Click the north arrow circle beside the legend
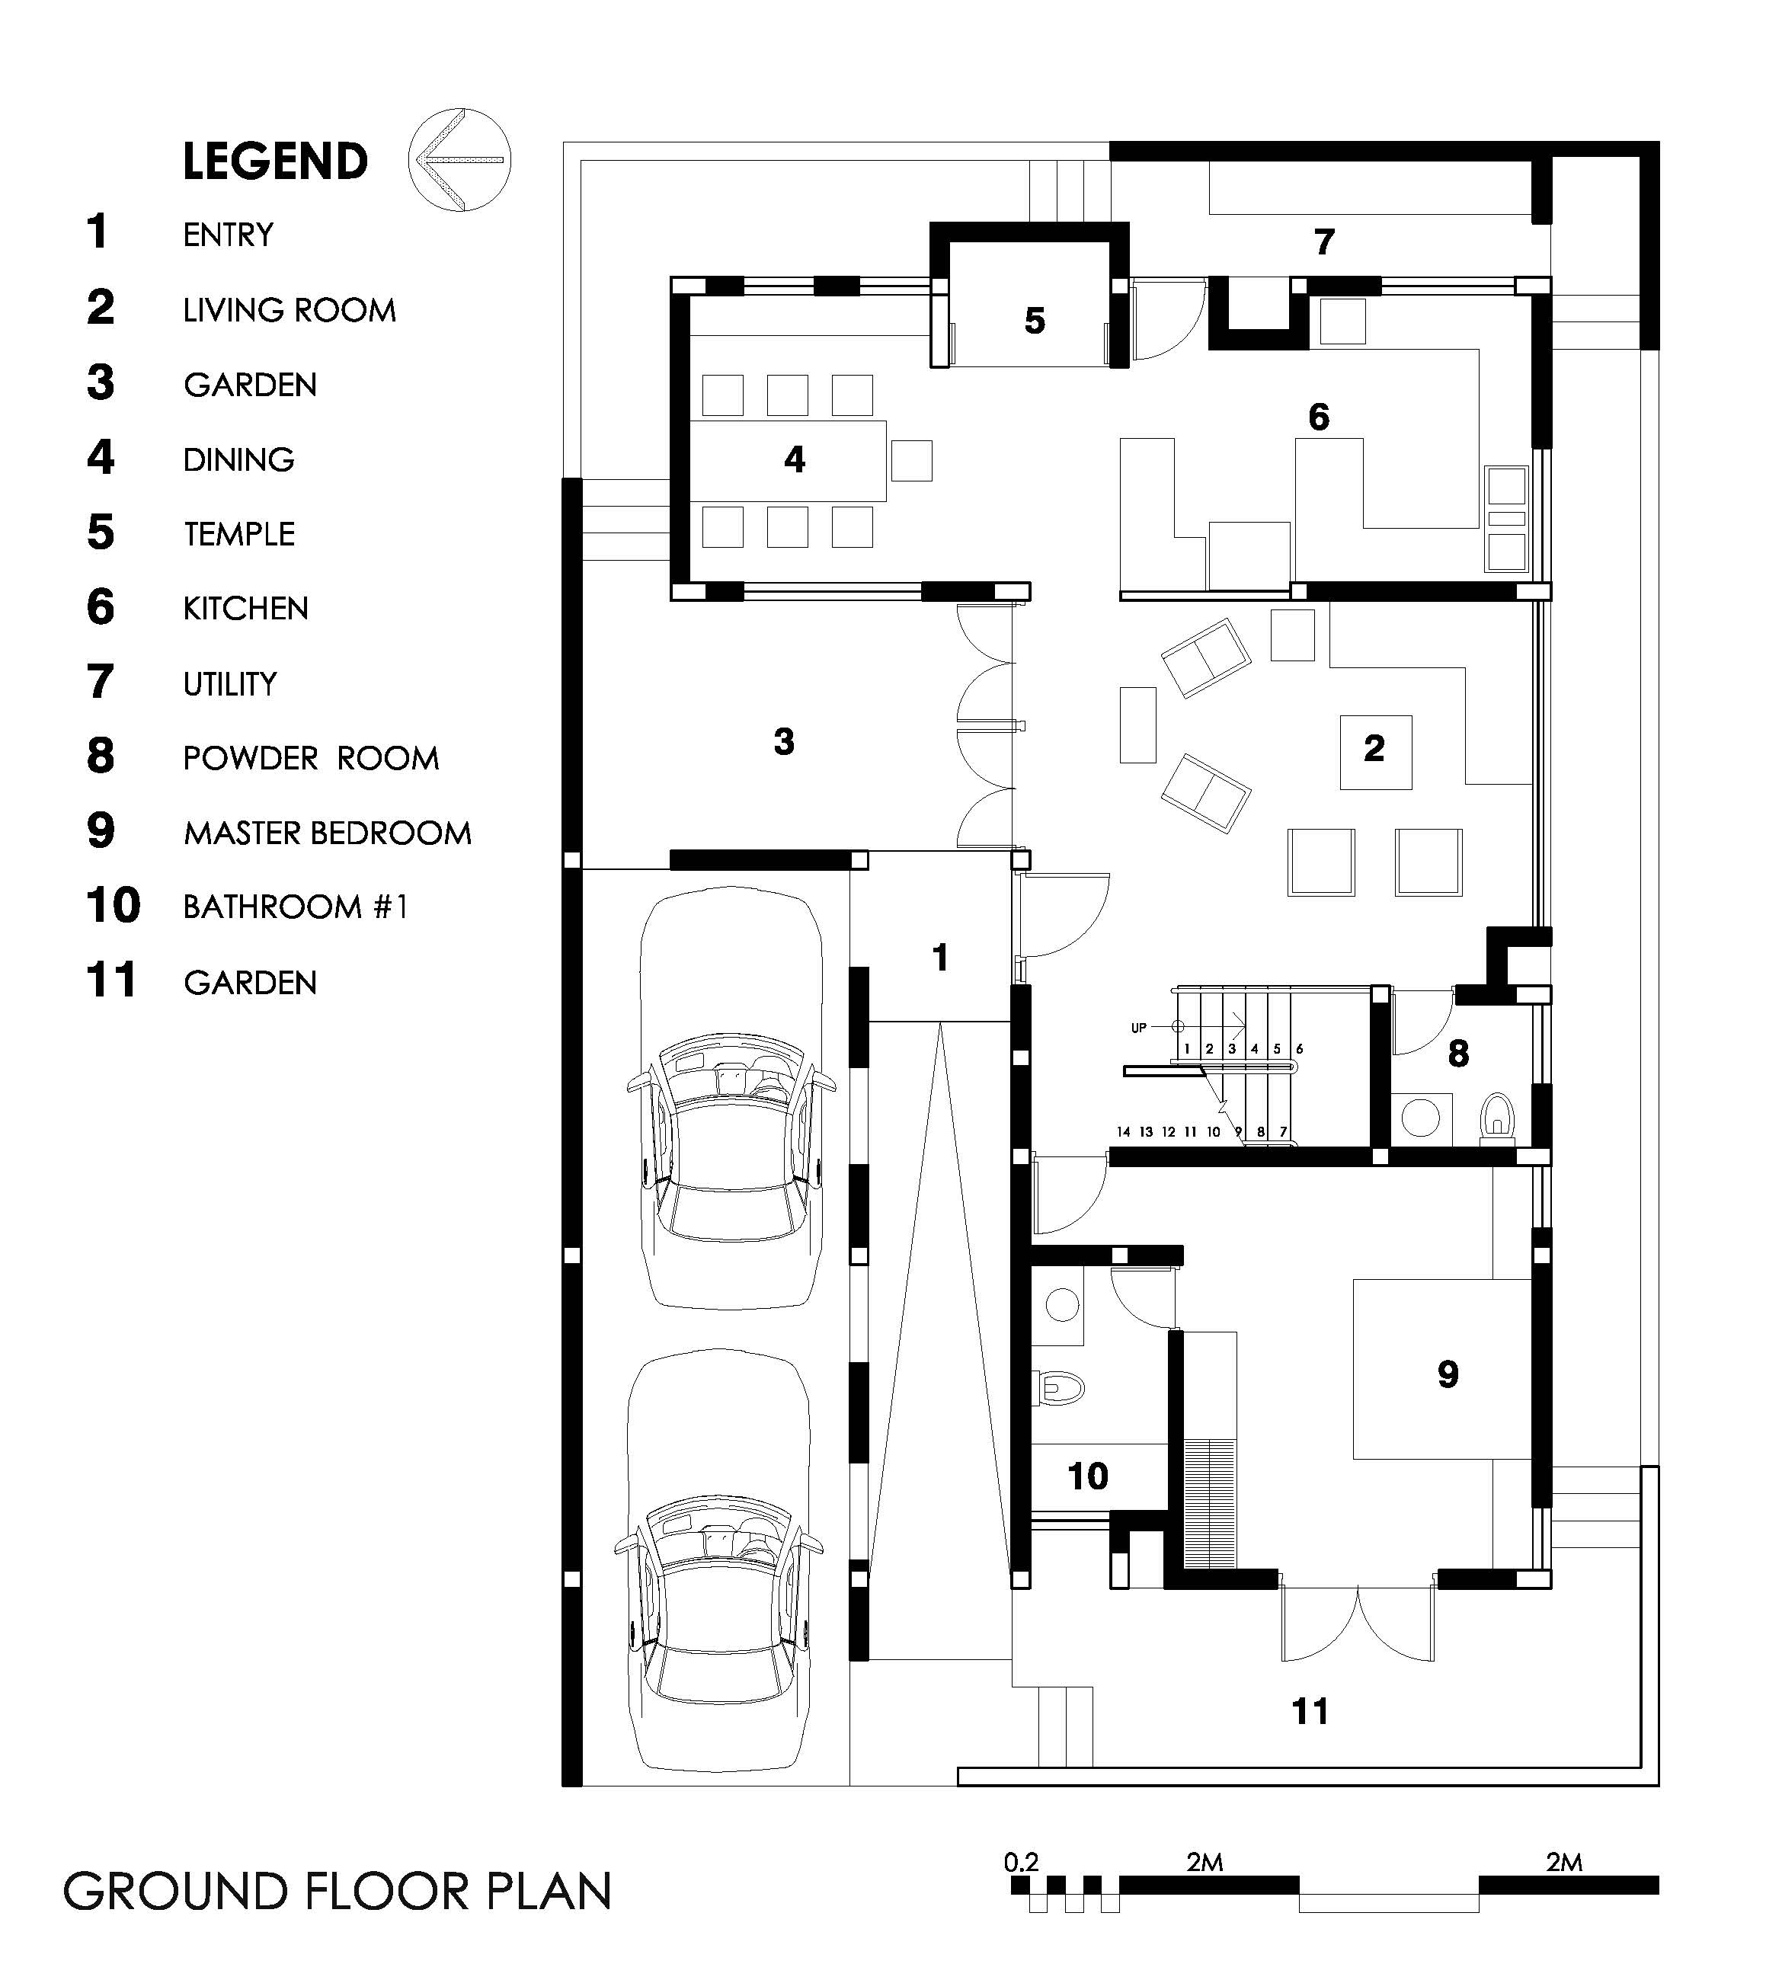pyautogui.click(x=459, y=110)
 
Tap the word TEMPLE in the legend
pyautogui.click(x=239, y=534)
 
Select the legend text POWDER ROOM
pyautogui.click(x=310, y=758)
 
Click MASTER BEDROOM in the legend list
pyautogui.click(x=327, y=833)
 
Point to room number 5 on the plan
pyautogui.click(x=1035, y=321)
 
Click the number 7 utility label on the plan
pyautogui.click(x=1325, y=242)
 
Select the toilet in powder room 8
pyautogui.click(x=1497, y=1116)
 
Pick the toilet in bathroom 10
pyautogui.click(x=1061, y=1387)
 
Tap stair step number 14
pyautogui.click(x=1123, y=1132)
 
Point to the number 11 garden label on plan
pyautogui.click(x=1310, y=1712)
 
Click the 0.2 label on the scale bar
pyautogui.click(x=1020, y=1861)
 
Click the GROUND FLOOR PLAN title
pyautogui.click(x=338, y=1892)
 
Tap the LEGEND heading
pyautogui.click(x=275, y=162)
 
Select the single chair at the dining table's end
pyautogui.click(x=911, y=460)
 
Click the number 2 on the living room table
pyautogui.click(x=1374, y=748)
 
